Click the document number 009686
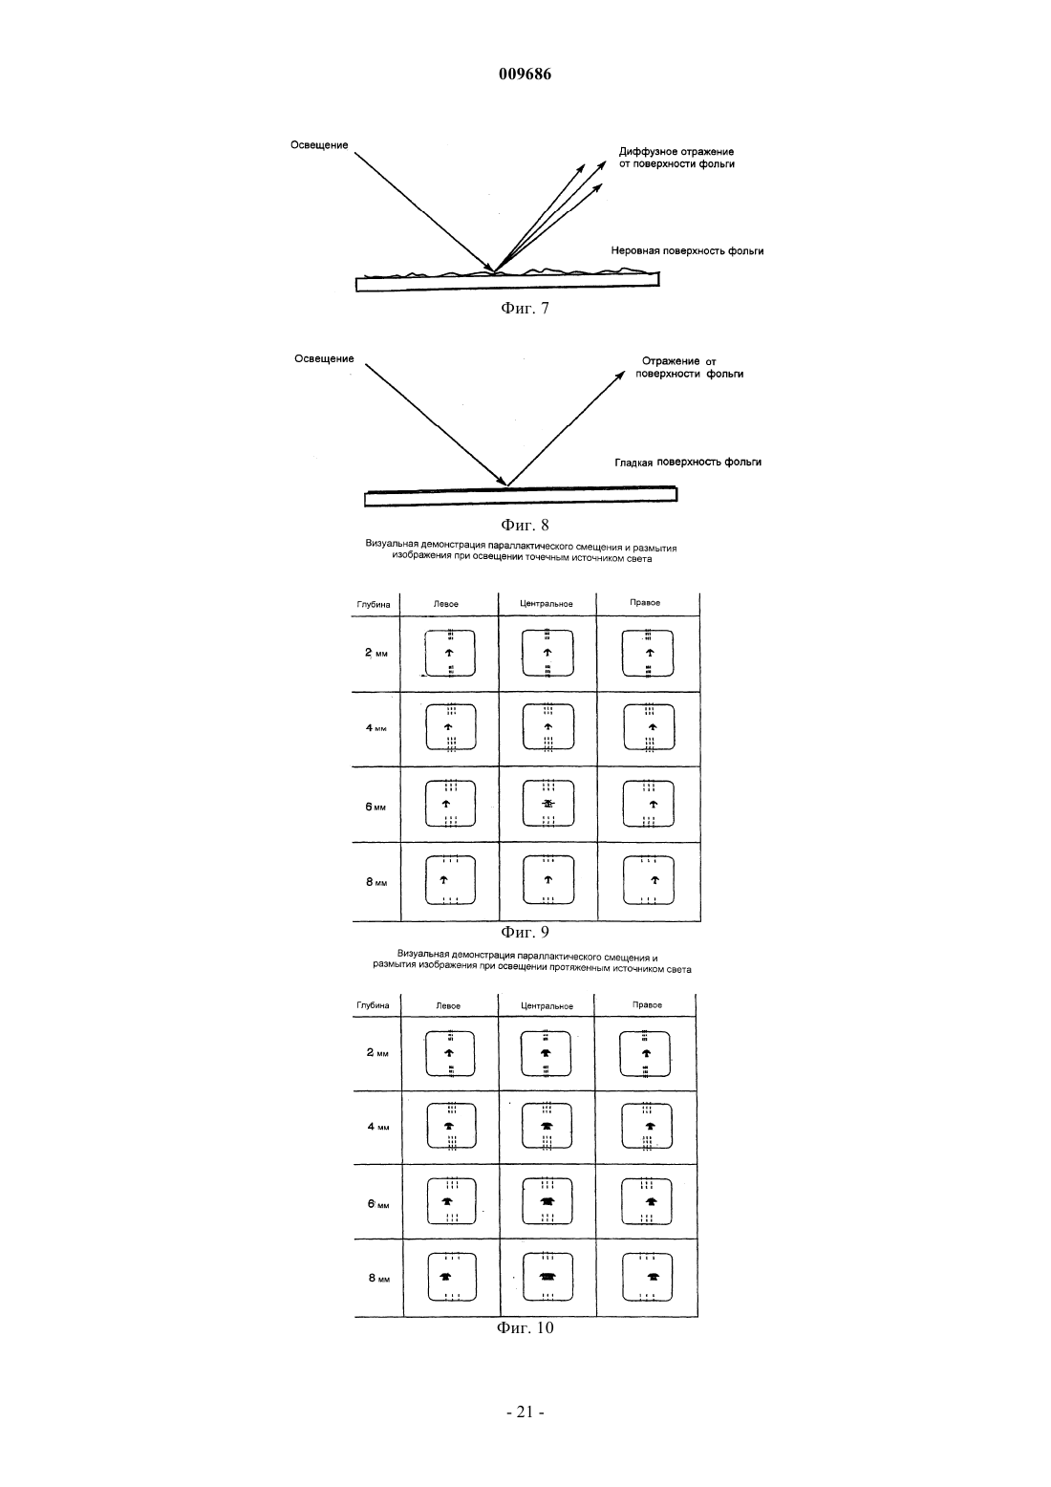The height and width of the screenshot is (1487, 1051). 525,74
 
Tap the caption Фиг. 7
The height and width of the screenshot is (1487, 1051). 525,308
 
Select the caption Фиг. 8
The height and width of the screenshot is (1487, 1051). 525,525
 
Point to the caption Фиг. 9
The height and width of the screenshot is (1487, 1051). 525,932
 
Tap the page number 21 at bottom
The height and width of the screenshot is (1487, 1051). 525,1412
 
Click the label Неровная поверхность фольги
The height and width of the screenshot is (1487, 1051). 687,251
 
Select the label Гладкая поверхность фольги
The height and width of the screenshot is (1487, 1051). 688,462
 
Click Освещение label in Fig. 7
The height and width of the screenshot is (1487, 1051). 319,145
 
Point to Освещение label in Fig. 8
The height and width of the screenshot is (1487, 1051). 325,359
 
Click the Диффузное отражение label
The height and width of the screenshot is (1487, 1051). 676,152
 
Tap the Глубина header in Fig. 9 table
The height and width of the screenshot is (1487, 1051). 374,605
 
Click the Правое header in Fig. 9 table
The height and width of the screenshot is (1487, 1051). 645,603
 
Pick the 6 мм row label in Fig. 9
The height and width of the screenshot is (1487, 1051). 375,808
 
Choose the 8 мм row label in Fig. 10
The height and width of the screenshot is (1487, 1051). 379,1278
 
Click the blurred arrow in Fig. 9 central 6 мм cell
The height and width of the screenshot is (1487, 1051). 548,804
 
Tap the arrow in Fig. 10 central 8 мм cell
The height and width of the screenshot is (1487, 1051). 547,1277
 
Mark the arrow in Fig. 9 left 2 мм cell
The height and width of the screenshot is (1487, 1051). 449,653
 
